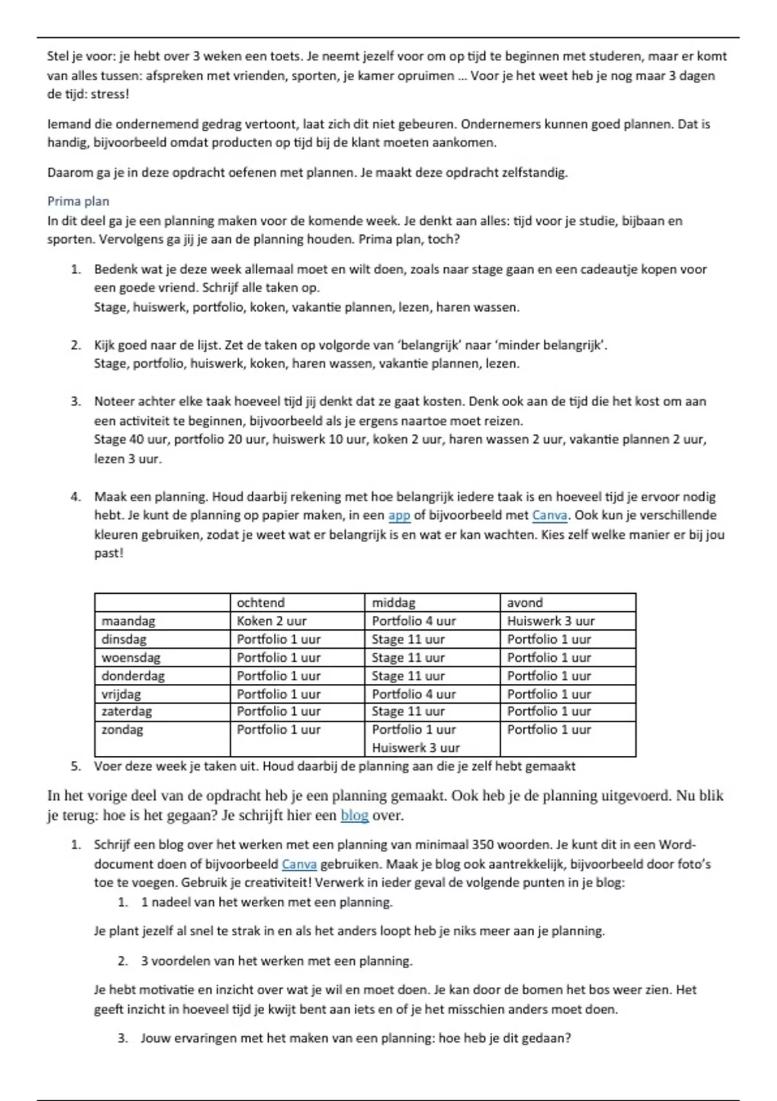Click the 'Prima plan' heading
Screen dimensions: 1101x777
click(78, 201)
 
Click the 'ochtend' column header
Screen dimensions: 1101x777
click(260, 602)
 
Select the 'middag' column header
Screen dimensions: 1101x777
click(394, 602)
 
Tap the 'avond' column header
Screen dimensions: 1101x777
click(524, 602)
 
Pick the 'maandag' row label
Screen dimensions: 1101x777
click(128, 620)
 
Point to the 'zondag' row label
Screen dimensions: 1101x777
click(122, 729)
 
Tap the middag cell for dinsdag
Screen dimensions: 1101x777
click(408, 639)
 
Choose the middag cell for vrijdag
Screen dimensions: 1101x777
click(414, 694)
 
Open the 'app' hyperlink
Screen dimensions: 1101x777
click(399, 516)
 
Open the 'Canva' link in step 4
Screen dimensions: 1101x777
click(549, 516)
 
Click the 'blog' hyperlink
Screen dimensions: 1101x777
click(354, 815)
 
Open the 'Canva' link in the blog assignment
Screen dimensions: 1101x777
click(299, 864)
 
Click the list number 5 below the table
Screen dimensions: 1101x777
click(76, 766)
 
